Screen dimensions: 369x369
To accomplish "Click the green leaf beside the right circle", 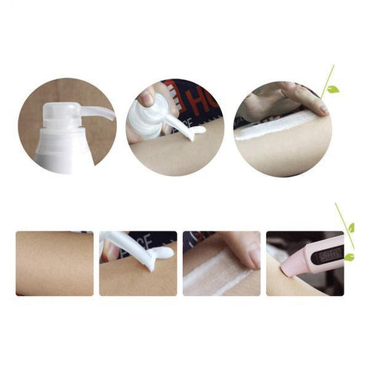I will [332, 89].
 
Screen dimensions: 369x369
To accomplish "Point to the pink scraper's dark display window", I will [326, 254].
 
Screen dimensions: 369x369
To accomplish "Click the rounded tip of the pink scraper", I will [287, 270].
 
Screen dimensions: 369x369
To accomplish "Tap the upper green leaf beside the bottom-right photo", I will [351, 228].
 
